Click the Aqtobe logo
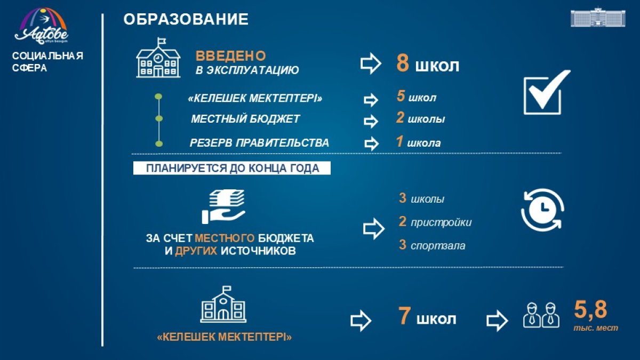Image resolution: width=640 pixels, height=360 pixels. (41, 26)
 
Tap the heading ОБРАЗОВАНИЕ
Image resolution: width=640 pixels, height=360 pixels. (186, 19)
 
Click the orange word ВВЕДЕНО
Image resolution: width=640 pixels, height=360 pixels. (230, 55)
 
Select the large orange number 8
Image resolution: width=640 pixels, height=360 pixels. (403, 63)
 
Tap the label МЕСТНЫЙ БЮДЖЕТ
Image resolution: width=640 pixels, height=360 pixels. (245, 119)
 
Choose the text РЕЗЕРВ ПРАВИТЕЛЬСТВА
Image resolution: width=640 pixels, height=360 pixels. (259, 142)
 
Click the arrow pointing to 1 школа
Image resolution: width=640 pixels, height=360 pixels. (371, 143)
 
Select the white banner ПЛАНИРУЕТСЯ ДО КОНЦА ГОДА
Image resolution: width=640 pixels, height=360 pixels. (231, 168)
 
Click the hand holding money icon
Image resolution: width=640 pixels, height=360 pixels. (223, 206)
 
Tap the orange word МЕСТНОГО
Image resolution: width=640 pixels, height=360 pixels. (225, 238)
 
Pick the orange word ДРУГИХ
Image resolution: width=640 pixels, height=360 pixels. (196, 251)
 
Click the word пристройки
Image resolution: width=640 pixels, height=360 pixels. (441, 222)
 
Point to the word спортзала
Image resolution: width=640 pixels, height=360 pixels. (438, 246)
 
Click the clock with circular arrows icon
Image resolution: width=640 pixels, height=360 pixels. (542, 210)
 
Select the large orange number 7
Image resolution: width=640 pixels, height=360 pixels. (404, 315)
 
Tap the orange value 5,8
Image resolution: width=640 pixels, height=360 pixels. (590, 310)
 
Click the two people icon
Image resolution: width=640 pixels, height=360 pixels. (541, 315)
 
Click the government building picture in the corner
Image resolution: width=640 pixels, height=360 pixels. (598, 18)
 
